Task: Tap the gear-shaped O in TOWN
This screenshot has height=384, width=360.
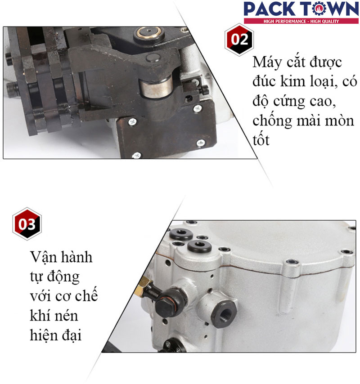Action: tap(320, 9)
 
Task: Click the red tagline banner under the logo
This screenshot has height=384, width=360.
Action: tap(301, 21)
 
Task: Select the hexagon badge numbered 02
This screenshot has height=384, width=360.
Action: tap(239, 40)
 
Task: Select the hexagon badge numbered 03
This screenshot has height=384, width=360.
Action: tap(27, 223)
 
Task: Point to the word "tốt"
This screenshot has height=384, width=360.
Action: tap(261, 140)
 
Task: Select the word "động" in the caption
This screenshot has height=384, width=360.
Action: tap(63, 277)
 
